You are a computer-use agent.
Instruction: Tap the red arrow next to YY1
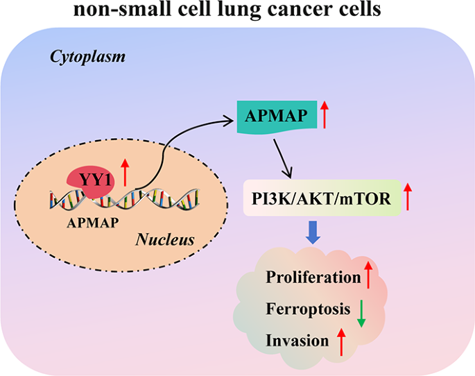124,171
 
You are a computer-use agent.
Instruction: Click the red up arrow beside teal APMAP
324,114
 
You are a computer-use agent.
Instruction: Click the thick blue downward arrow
314,234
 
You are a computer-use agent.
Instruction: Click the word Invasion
297,341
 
